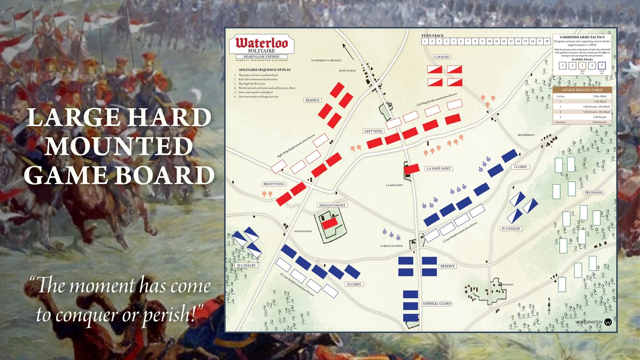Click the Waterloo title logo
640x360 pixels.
click(x=262, y=43)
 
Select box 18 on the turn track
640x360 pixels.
click(x=547, y=41)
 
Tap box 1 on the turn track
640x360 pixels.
click(x=425, y=41)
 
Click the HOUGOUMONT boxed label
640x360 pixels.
click(x=332, y=205)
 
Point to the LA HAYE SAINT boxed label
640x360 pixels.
click(x=439, y=168)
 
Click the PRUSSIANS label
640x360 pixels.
click(x=593, y=192)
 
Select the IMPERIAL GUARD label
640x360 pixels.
click(x=437, y=304)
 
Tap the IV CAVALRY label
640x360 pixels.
click(x=511, y=229)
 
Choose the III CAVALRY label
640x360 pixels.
click(x=246, y=265)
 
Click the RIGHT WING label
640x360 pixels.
click(x=274, y=184)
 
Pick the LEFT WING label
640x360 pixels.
click(x=373, y=131)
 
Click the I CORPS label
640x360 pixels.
click(x=521, y=167)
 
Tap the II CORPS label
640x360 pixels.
click(x=354, y=284)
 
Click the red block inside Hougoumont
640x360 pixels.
click(x=329, y=224)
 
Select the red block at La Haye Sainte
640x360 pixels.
click(x=412, y=169)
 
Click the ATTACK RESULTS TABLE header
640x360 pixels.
click(x=582, y=90)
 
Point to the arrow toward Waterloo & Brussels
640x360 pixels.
click(x=348, y=51)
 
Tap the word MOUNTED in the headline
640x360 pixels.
click(x=119, y=146)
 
